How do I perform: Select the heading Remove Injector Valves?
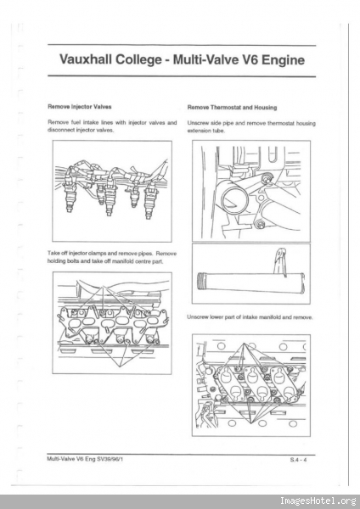(79, 107)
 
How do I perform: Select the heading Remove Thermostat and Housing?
(232, 107)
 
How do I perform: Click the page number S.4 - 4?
(299, 460)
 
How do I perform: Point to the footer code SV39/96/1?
(110, 459)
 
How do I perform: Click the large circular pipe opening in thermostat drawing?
(234, 201)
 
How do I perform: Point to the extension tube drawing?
(250, 282)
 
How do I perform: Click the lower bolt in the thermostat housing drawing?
(259, 224)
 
